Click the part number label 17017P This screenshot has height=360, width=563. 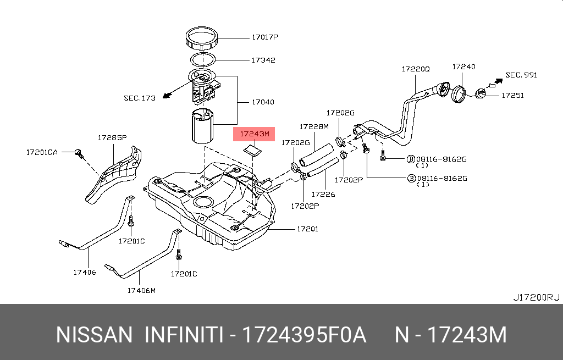(x=265, y=37)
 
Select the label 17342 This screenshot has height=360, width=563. (x=263, y=60)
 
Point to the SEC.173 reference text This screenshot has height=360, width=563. (x=140, y=98)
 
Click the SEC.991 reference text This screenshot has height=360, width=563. (x=521, y=75)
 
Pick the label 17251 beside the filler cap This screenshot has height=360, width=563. (x=512, y=95)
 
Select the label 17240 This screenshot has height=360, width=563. (x=463, y=67)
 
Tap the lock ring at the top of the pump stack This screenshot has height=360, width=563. (x=204, y=39)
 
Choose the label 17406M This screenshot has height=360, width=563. (x=141, y=290)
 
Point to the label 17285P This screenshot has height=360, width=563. (x=112, y=137)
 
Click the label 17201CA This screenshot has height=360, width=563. (x=42, y=152)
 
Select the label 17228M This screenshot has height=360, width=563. (x=313, y=126)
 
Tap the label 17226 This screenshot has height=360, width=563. (x=323, y=193)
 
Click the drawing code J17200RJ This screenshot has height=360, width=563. (x=536, y=297)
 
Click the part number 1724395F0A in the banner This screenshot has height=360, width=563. (x=304, y=335)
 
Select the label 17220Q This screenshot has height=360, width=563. (x=415, y=69)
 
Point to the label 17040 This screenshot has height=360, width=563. (x=263, y=102)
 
